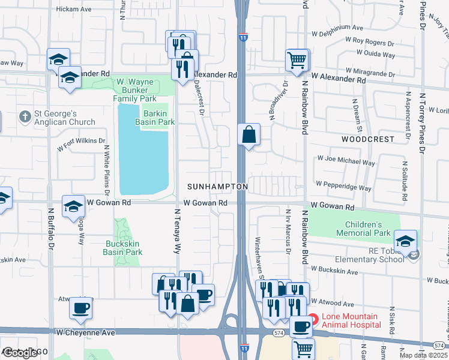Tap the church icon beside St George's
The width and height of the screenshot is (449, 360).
25,115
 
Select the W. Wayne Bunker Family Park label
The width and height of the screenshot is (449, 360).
144,90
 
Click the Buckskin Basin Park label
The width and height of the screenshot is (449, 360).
124,248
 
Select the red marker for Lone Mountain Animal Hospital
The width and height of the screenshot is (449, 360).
313,320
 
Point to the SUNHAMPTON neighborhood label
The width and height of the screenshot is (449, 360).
217,187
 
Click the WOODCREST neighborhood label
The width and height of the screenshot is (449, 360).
368,139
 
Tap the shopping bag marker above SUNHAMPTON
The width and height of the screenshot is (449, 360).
249,134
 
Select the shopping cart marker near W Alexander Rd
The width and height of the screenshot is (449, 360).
297,60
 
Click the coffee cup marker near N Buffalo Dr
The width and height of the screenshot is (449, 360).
80,308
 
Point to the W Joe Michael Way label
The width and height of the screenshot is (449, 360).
346,163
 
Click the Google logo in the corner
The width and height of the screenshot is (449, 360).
20,353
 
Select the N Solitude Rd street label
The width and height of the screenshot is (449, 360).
405,181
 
